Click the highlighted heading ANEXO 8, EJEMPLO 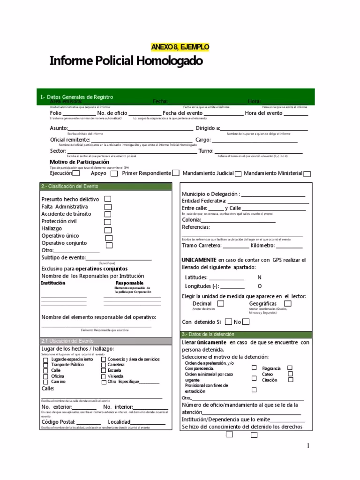tap(180, 47)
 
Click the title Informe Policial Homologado tap(126, 61)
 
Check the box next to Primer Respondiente tap(175, 173)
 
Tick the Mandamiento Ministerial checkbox tap(307, 174)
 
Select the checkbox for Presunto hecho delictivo tap(108, 199)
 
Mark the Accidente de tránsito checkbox tap(108, 214)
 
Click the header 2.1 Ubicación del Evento tap(67, 341)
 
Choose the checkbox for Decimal tap(220, 304)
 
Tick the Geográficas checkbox tap(288, 304)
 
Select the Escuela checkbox tap(104, 370)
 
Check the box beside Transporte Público tap(45, 365)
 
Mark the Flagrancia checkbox tap(290, 368)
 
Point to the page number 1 tap(308, 446)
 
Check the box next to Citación tap(290, 380)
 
